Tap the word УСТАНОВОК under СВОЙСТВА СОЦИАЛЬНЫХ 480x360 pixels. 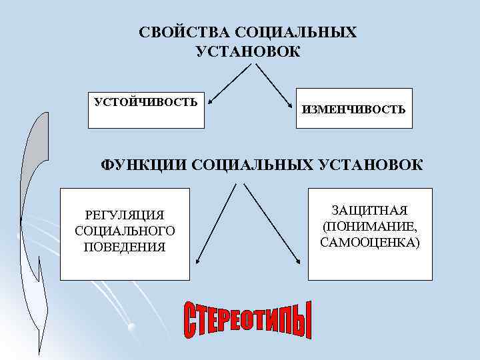248,51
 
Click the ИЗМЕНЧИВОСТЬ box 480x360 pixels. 353,109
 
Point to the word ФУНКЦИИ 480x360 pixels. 143,165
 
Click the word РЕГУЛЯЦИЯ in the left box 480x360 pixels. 125,215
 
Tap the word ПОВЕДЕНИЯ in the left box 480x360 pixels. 125,247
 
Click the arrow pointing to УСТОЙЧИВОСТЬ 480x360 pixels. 229,85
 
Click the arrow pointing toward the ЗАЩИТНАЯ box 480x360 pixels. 271,223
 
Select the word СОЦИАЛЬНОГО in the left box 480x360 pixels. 125,231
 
